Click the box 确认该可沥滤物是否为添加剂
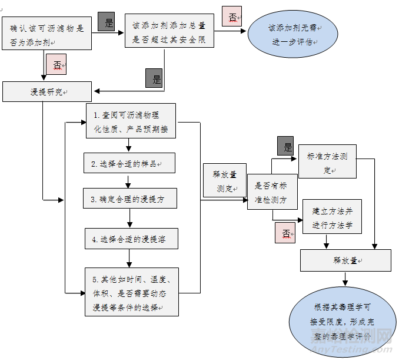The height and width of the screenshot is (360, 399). (x=46, y=35)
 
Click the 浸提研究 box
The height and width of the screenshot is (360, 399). (x=47, y=92)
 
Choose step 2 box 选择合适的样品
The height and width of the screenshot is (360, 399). (x=129, y=163)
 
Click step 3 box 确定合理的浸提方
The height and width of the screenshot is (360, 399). (x=130, y=199)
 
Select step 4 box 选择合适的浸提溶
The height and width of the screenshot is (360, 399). (x=131, y=239)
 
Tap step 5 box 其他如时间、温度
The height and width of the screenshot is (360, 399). (x=131, y=292)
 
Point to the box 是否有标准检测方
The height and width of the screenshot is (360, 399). (x=272, y=192)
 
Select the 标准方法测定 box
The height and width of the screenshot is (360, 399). (x=327, y=161)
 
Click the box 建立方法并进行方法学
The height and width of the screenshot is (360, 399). (x=332, y=217)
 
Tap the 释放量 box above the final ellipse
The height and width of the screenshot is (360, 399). (x=345, y=260)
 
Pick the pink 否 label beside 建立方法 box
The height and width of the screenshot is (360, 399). (x=285, y=233)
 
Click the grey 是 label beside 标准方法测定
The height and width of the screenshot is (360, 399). (x=287, y=146)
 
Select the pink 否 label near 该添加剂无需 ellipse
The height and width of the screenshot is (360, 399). (x=232, y=16)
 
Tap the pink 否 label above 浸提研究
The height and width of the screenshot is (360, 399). (x=57, y=65)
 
